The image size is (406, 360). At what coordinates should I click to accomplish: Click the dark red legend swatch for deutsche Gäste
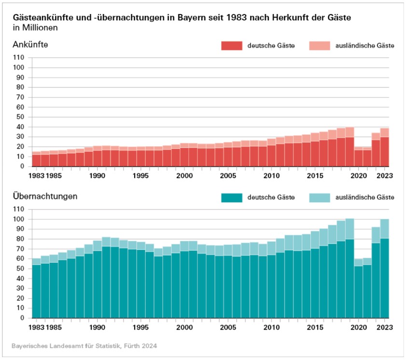tap(232, 46)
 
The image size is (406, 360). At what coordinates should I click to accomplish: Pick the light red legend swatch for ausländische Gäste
tap(319, 46)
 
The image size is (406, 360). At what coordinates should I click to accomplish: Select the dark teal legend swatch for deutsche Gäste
tap(232, 198)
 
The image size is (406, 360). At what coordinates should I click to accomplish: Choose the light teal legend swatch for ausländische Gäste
tap(319, 198)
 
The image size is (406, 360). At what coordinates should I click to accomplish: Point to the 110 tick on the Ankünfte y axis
tap(18, 58)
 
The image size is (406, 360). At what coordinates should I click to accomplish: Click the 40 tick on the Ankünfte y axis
tap(20, 127)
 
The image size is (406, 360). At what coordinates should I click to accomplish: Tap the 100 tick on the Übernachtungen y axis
tap(18, 219)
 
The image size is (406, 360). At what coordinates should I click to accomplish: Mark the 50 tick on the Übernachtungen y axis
tap(20, 269)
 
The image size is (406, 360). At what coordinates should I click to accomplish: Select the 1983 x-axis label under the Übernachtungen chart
tap(37, 327)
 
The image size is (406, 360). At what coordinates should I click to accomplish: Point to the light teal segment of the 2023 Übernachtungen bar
tap(384, 229)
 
